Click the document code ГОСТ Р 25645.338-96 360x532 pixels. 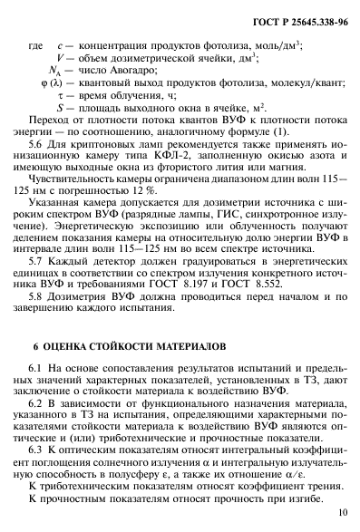coord(291,13)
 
